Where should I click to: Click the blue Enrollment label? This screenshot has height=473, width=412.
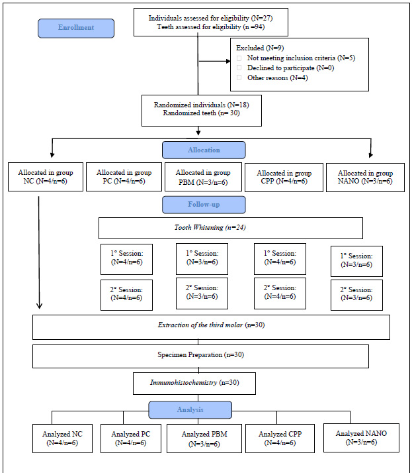[x=76, y=28]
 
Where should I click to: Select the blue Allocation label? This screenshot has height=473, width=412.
[x=204, y=150]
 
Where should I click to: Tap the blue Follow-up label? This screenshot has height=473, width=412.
[x=204, y=205]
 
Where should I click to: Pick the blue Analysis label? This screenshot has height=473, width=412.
[x=190, y=409]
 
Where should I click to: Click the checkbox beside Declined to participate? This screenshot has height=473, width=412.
[x=239, y=68]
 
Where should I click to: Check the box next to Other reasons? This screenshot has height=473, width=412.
[x=239, y=78]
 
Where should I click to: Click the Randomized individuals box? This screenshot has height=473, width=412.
[x=202, y=111]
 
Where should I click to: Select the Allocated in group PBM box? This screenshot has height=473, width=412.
[x=203, y=177]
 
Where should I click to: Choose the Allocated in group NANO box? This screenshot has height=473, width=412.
[x=365, y=178]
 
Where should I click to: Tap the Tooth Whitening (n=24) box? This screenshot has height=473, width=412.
[x=231, y=228]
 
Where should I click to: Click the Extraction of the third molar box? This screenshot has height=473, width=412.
[x=211, y=327]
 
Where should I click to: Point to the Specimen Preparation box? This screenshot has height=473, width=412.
[x=200, y=356]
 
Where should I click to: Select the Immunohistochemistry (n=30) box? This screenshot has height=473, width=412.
[x=194, y=384]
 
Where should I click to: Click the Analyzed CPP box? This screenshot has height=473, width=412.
[x=280, y=439]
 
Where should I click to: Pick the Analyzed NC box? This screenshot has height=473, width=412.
[x=62, y=439]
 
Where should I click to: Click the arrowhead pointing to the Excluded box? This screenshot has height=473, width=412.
[x=228, y=61]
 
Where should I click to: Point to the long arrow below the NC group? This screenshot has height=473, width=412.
[x=39, y=252]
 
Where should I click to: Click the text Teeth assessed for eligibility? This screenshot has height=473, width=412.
[x=199, y=27]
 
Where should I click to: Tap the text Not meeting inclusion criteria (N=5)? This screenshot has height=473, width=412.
[x=301, y=58]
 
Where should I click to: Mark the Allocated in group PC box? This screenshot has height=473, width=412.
[x=124, y=177]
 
